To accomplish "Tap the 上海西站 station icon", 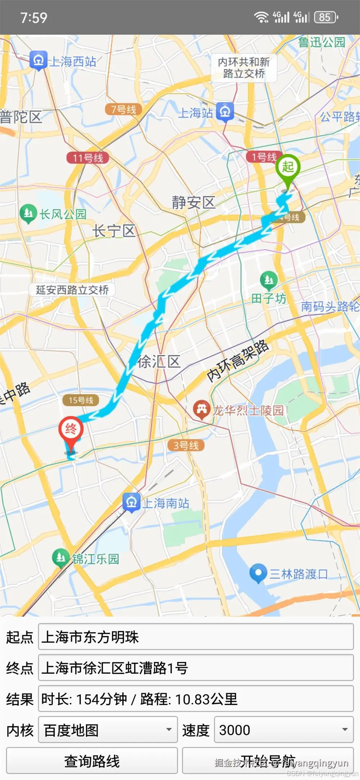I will (39, 60).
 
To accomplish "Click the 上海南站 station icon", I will (131, 502).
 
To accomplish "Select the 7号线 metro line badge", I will (123, 109).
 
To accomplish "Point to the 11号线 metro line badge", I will (88, 158).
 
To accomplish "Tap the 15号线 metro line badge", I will (81, 400).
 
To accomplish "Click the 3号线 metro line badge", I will (186, 445).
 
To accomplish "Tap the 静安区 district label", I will (193, 202).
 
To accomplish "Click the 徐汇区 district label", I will (159, 362).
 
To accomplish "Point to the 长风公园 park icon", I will (28, 213).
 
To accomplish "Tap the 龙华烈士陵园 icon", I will (202, 409).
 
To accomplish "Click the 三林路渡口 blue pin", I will (258, 573).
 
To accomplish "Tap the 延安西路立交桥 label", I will (72, 290).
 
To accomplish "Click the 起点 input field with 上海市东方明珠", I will (196, 637).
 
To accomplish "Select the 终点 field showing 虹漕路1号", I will (196, 668).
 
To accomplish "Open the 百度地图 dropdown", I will (108, 730).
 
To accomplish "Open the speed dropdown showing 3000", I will (284, 730).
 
